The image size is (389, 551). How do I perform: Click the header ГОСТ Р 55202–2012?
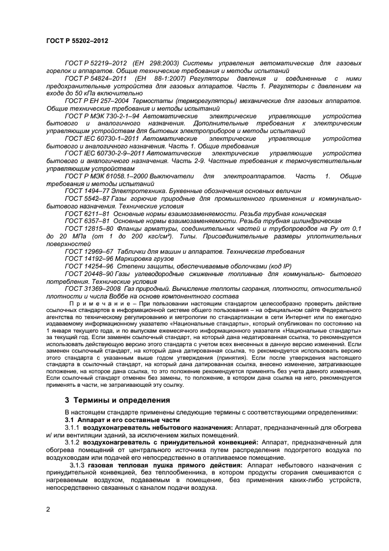[x=77, y=42]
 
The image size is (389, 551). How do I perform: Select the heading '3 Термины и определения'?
[x=118, y=400]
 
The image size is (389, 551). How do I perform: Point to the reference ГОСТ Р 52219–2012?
[x=97, y=62]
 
